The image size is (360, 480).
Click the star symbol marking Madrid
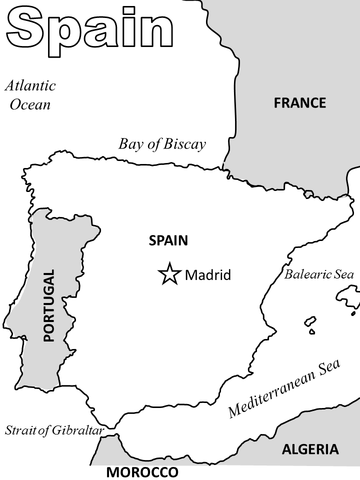[x=169, y=273]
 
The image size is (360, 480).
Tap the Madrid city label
[x=208, y=275]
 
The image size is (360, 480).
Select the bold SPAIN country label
[x=168, y=241]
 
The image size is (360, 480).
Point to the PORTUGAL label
[x=48, y=305]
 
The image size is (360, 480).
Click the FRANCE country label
[x=299, y=103]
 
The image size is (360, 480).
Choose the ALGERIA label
[x=310, y=449]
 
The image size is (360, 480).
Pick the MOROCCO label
[x=142, y=472]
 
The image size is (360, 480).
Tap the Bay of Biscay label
[x=162, y=144]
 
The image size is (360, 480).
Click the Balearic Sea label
[x=319, y=274]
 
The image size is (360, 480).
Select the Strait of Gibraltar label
[x=54, y=430]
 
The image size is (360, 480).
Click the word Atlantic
[x=30, y=85]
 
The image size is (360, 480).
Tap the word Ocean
[x=30, y=104]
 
